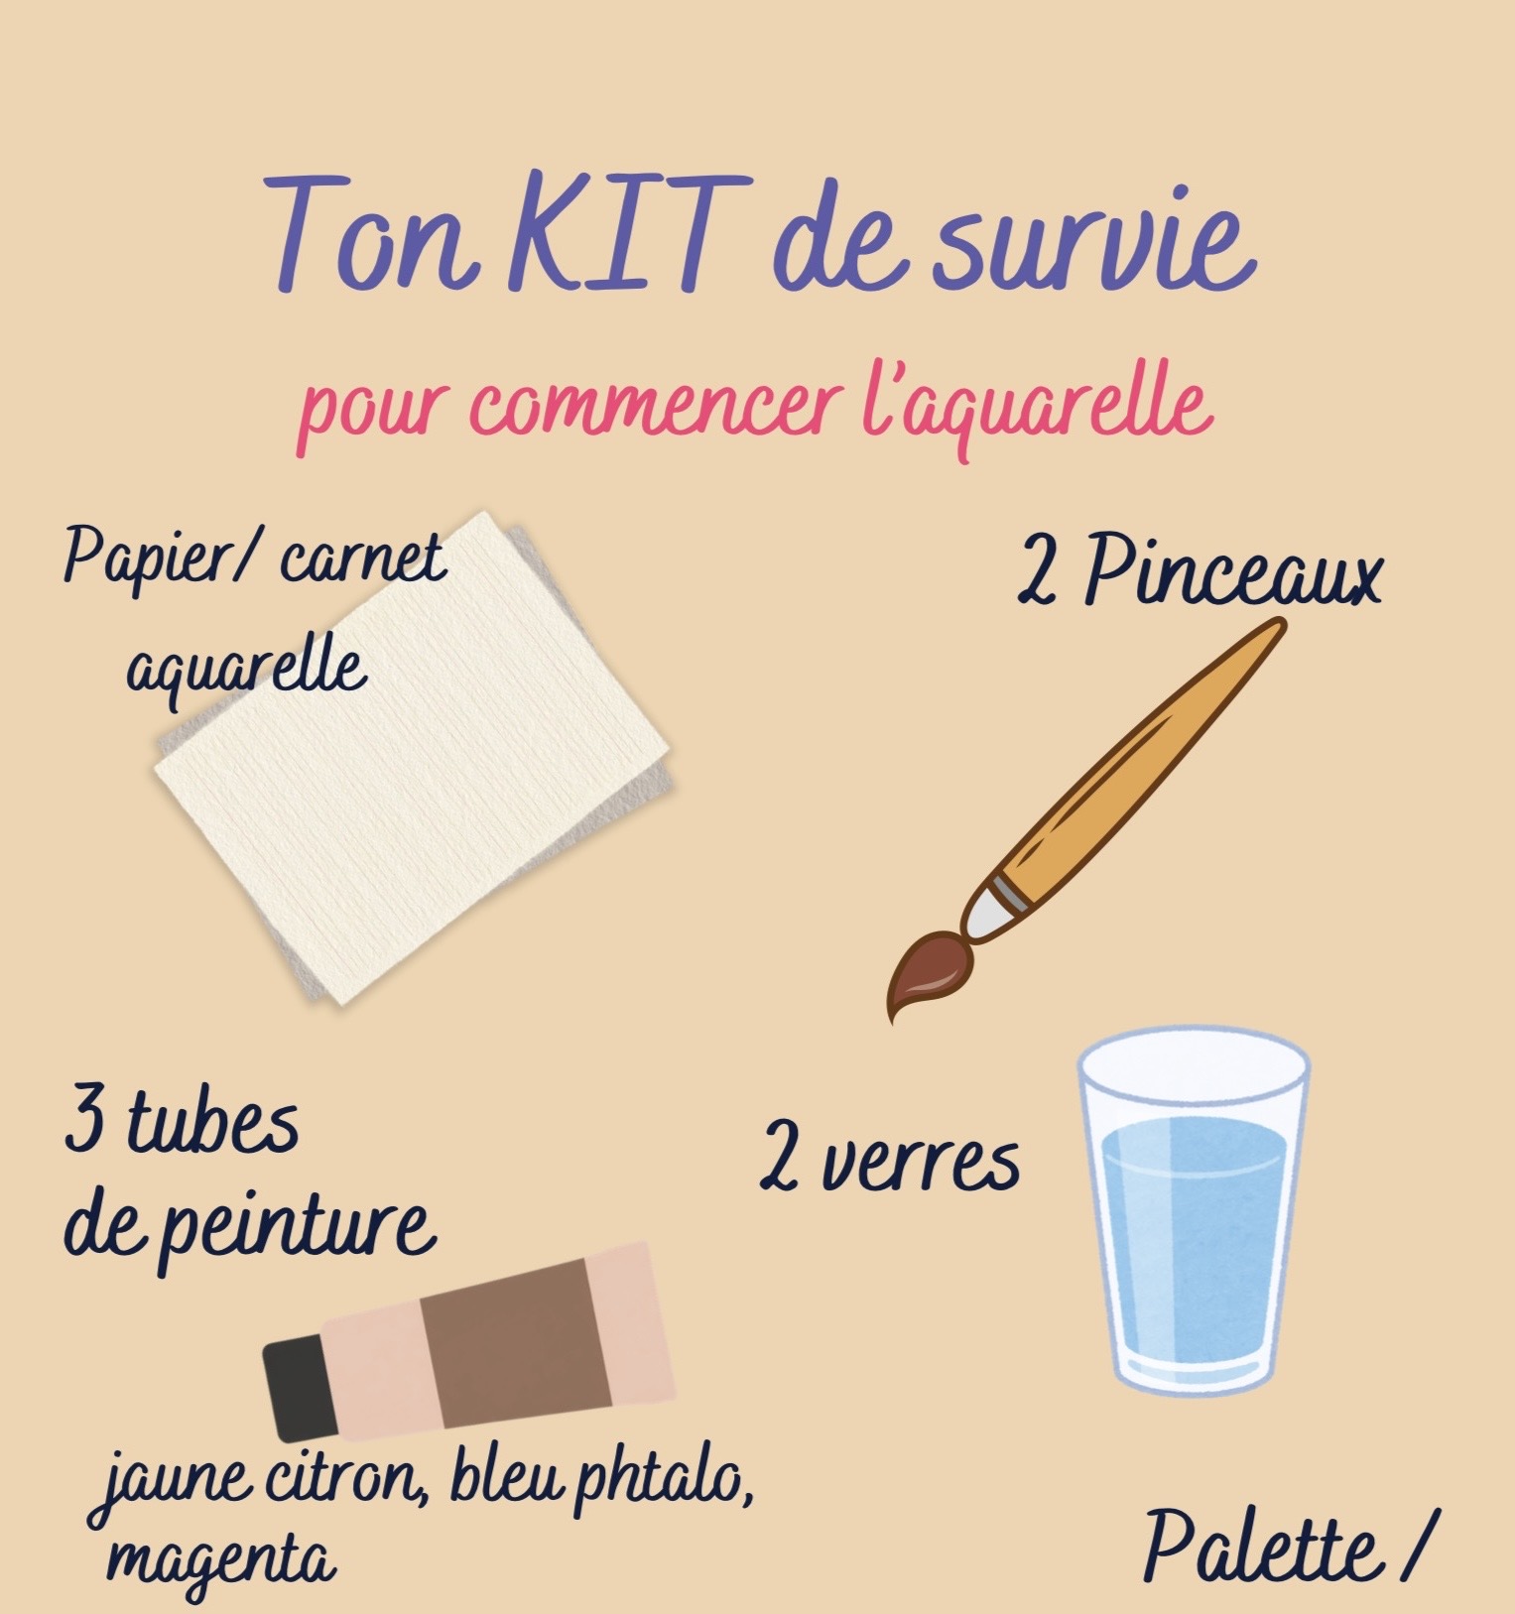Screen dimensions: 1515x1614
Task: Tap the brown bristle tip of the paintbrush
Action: [926, 971]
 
